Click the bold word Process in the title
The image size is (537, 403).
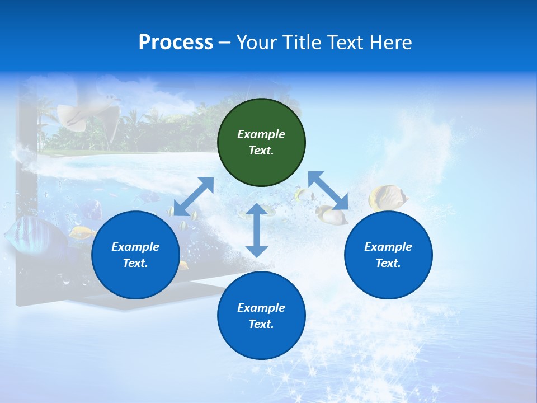[x=176, y=43]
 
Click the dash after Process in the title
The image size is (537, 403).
[x=224, y=43]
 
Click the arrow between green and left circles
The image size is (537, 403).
[x=194, y=196]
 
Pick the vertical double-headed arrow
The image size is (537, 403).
[x=257, y=230]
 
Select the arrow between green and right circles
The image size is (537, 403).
[x=328, y=190]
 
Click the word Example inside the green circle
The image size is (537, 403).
[x=261, y=134]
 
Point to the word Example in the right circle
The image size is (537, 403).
[x=388, y=247]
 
